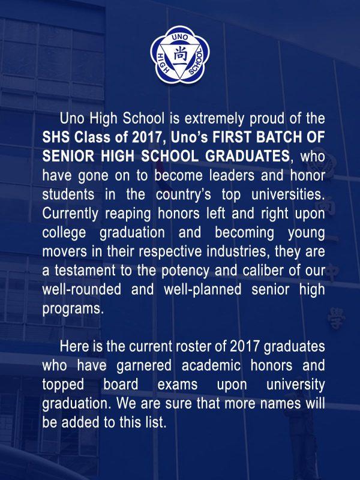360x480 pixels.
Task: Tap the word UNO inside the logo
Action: point(180,37)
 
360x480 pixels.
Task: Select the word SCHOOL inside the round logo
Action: point(196,62)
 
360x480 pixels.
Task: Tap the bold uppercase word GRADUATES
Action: point(247,156)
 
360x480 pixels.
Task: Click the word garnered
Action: point(144,366)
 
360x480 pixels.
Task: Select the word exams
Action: point(178,385)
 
